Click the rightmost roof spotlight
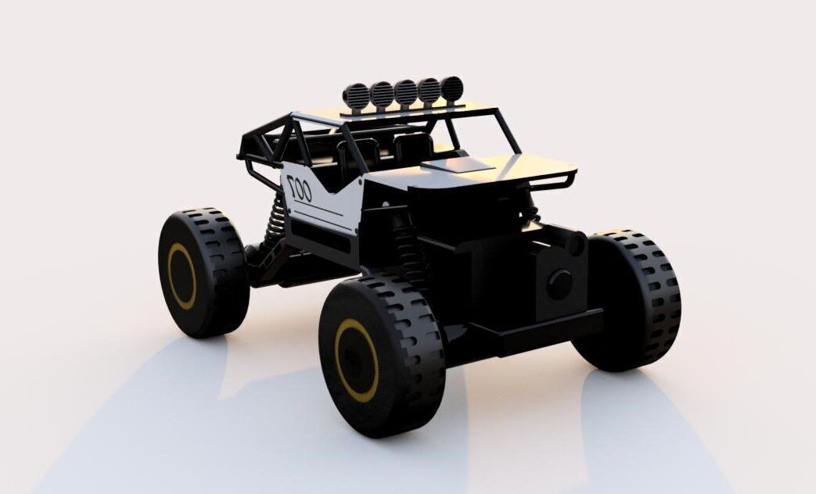(451, 89)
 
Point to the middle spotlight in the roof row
(405, 92)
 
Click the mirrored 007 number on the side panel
(298, 188)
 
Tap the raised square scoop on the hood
(458, 165)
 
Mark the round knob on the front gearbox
(559, 282)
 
